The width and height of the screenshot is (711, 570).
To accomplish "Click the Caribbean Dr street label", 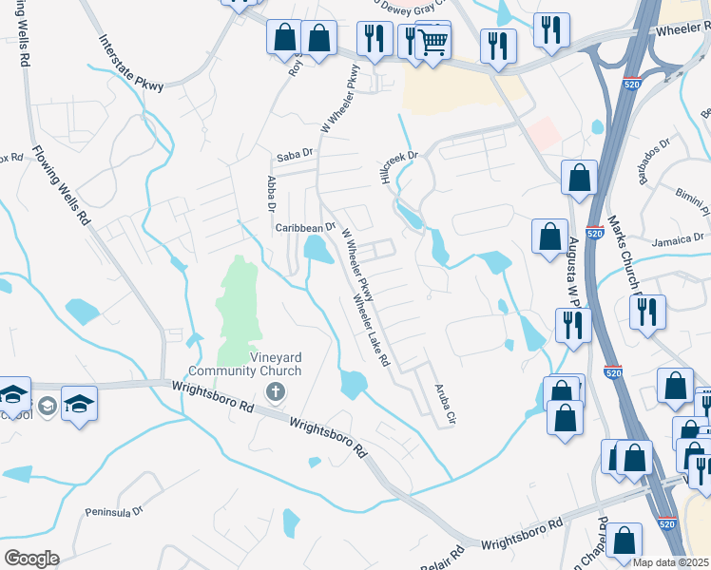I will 305,228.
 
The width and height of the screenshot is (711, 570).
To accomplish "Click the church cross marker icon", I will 276,391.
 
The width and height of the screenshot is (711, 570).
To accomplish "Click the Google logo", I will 30,559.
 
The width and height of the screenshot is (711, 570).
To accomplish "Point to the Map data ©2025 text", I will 670,562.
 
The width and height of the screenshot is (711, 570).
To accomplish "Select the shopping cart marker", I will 432,41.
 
